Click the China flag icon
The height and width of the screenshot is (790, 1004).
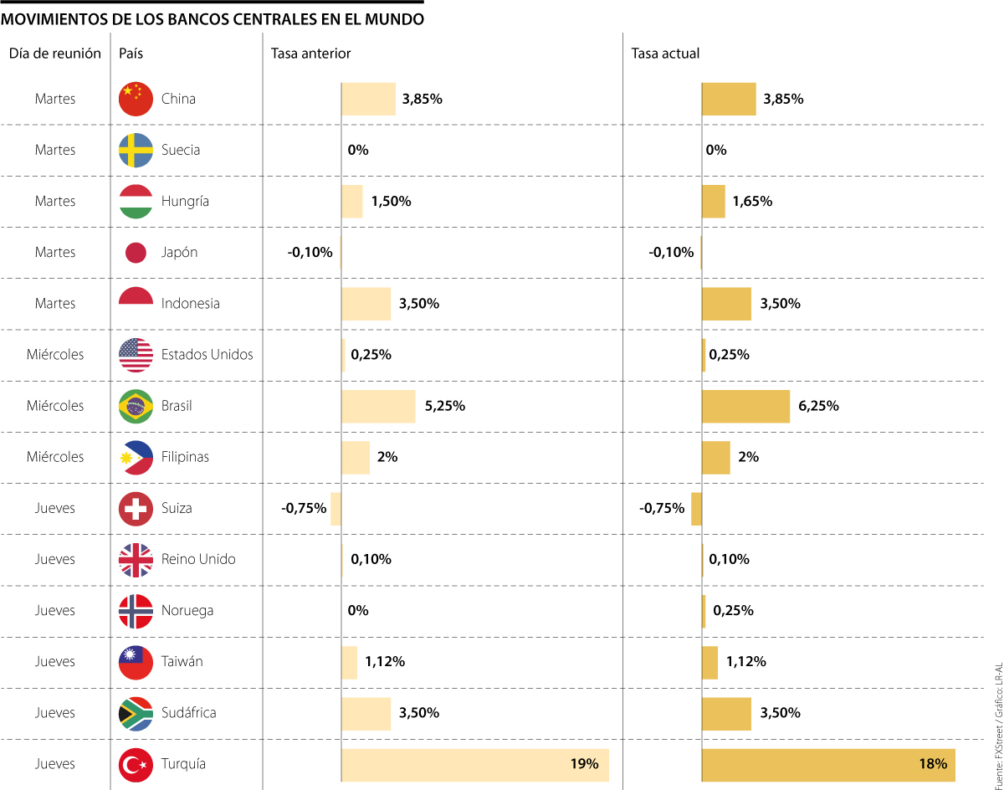pyautogui.click(x=136, y=99)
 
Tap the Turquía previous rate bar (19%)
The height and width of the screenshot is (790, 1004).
pyautogui.click(x=474, y=764)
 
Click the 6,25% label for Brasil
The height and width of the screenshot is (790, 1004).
pyautogui.click(x=818, y=406)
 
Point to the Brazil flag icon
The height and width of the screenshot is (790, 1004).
pyautogui.click(x=136, y=406)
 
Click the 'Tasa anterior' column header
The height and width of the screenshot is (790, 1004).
pyautogui.click(x=310, y=54)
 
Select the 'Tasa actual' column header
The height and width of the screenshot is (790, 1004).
pyautogui.click(x=665, y=54)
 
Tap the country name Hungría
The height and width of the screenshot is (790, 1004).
pyautogui.click(x=185, y=201)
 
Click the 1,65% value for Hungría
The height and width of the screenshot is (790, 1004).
pyautogui.click(x=752, y=201)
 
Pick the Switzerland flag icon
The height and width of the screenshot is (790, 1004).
pyautogui.click(x=136, y=508)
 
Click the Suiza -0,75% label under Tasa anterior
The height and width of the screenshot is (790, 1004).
pyautogui.click(x=304, y=508)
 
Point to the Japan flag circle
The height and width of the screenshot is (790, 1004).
pyautogui.click(x=136, y=252)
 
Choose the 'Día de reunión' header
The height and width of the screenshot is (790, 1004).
pyautogui.click(x=55, y=54)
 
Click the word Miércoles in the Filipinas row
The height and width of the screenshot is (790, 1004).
pyautogui.click(x=55, y=457)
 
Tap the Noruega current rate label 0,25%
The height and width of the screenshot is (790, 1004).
pyautogui.click(x=733, y=610)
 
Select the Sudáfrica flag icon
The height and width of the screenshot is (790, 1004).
pyautogui.click(x=136, y=713)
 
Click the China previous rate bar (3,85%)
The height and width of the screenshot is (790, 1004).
pyautogui.click(x=368, y=99)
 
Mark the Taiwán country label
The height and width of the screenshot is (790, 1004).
pyautogui.click(x=182, y=661)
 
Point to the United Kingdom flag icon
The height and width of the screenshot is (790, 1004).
pyautogui.click(x=136, y=559)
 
